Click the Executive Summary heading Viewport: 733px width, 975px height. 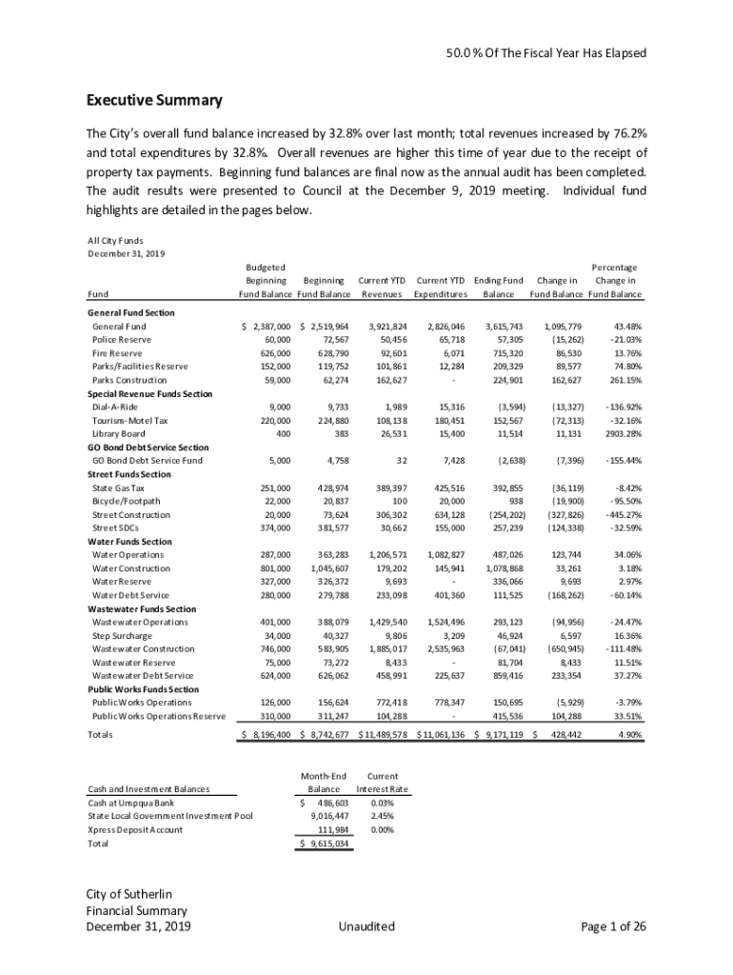coord(154,101)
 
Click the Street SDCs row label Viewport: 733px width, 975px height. coord(114,528)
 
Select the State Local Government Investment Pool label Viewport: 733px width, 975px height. coord(170,816)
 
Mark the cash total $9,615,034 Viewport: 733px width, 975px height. coord(326,844)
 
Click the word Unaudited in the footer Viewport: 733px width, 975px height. coord(366,926)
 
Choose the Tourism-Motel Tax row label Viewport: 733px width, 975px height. coord(129,421)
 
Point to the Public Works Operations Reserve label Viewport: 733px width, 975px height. coord(158,716)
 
